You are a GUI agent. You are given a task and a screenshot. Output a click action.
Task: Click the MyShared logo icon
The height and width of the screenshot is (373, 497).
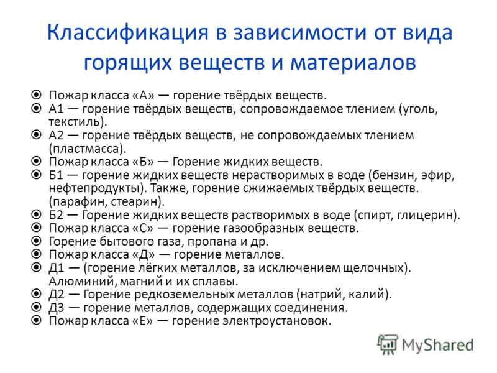coord(388,344)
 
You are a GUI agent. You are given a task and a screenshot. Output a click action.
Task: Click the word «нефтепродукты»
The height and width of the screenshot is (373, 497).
coord(94,189)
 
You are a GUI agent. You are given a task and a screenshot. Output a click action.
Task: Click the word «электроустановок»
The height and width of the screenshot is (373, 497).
coord(275,321)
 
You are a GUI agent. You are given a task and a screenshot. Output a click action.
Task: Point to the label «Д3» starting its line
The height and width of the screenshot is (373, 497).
coord(56,308)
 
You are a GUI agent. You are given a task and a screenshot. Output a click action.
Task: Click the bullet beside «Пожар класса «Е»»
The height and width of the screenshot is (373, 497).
coord(37,320)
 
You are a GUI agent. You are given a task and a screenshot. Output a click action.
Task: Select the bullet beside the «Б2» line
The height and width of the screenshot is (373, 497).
coord(37,214)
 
